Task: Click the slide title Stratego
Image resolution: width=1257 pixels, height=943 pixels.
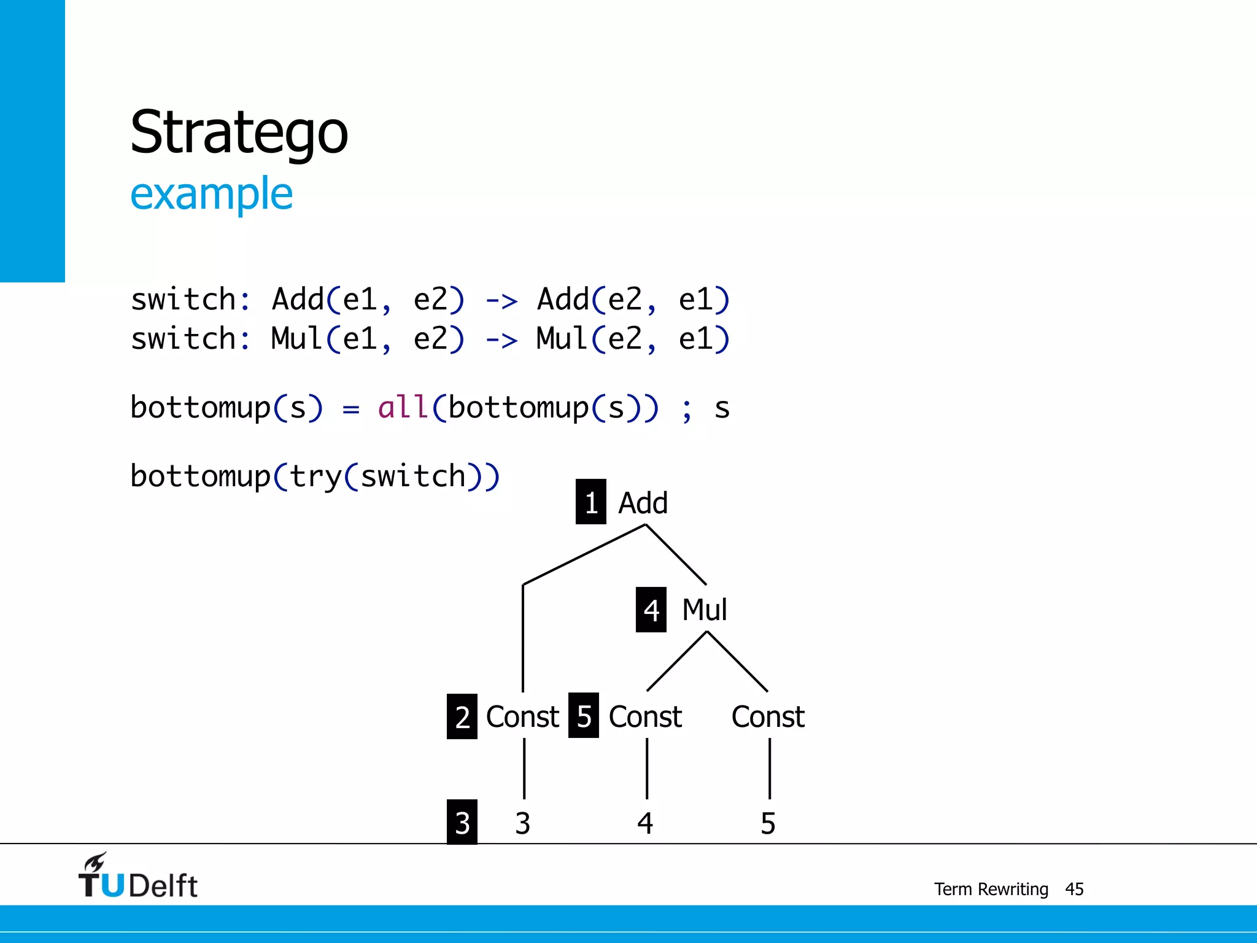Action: (239, 132)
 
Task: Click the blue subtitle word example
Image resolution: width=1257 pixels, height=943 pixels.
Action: (211, 194)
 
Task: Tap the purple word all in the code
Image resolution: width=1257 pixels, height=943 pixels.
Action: (403, 408)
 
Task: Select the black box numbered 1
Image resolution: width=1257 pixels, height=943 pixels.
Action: (590, 502)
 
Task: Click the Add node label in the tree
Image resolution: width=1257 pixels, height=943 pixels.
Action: (643, 503)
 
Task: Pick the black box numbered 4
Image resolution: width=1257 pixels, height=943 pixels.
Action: (651, 610)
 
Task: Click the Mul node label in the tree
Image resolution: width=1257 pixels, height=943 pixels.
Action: (704, 610)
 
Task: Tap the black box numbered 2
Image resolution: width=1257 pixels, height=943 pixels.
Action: (462, 716)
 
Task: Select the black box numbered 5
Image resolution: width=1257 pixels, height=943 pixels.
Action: (583, 715)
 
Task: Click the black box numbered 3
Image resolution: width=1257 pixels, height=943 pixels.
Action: (462, 823)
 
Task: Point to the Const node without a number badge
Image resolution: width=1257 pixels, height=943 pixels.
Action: (768, 716)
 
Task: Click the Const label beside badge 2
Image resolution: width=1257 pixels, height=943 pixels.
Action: (522, 716)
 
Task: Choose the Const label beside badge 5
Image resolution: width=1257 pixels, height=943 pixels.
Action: (645, 716)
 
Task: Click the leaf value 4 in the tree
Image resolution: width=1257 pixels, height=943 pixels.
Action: (645, 823)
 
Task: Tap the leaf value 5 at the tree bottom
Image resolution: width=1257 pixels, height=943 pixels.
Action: (768, 823)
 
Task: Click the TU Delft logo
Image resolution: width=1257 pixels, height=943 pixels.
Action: (137, 877)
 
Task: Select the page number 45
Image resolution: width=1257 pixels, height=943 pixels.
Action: (1074, 889)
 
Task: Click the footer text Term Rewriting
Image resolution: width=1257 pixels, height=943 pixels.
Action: (991, 889)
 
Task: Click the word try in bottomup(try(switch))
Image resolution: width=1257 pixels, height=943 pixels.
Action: (315, 476)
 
